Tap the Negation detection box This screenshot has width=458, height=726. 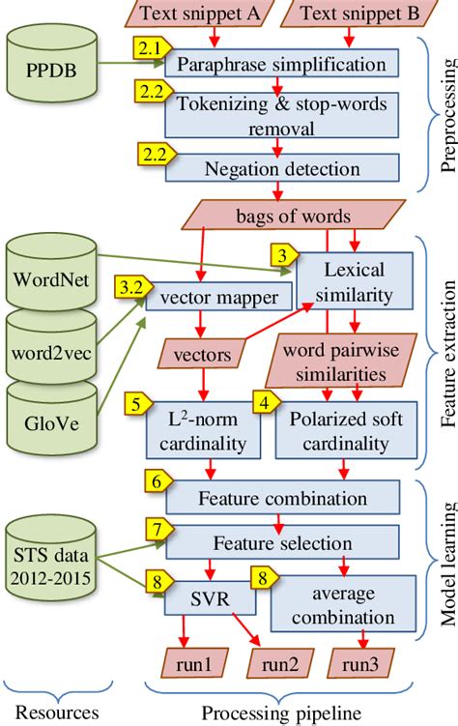281,168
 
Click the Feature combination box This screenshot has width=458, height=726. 281,499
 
